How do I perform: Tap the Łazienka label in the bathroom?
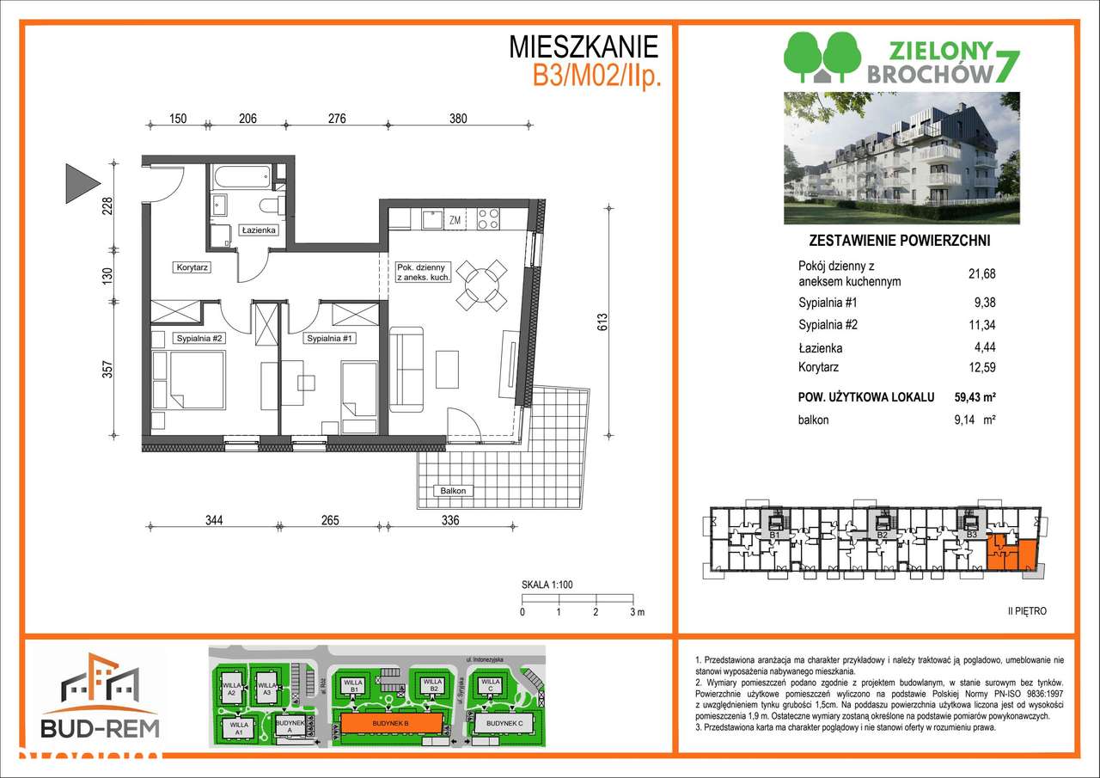[x=257, y=230]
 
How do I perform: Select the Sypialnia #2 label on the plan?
[x=199, y=338]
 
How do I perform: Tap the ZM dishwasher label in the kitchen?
[x=455, y=220]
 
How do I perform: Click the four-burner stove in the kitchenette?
[x=488, y=219]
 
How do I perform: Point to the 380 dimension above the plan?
[x=457, y=119]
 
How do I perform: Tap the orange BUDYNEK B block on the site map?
[x=391, y=725]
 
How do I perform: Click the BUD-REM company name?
[x=99, y=729]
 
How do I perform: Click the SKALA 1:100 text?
[x=547, y=585]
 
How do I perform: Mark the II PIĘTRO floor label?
[x=1027, y=611]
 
